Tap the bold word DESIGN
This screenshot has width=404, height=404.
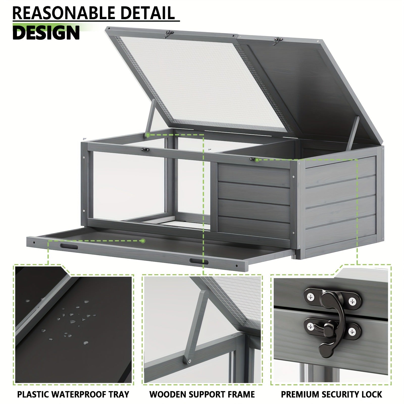(46, 33)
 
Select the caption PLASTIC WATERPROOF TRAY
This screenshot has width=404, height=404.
(73, 394)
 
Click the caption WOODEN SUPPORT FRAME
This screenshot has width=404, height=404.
(202, 394)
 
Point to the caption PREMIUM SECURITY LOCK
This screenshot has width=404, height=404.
(332, 394)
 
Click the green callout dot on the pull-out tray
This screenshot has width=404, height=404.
(143, 241)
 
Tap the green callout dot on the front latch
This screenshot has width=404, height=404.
(257, 160)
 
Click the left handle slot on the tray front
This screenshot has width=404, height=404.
(69, 247)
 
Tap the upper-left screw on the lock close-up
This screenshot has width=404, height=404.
(310, 297)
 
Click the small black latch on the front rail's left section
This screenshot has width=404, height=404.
(145, 150)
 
